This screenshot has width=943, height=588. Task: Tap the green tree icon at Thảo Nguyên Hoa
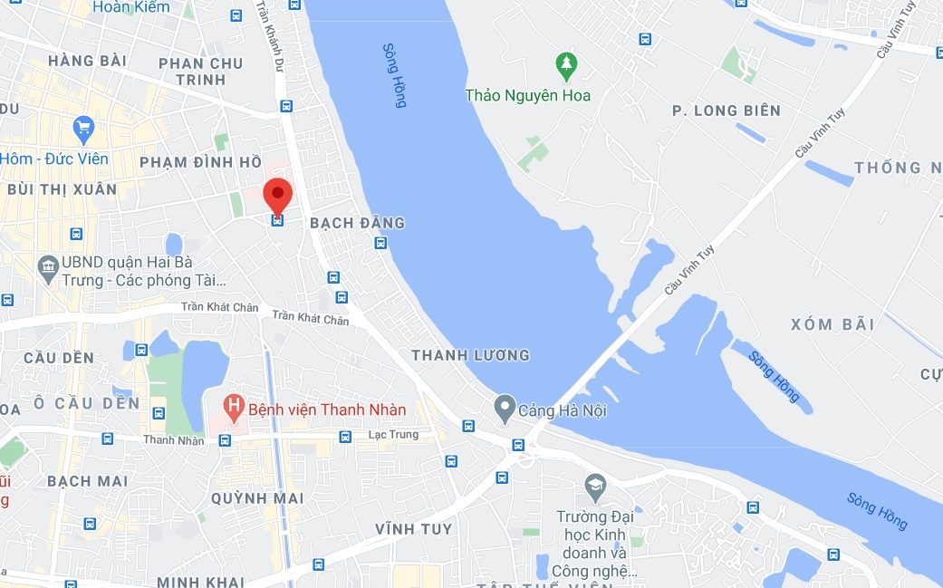[x=566, y=64]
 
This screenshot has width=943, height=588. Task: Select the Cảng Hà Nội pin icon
[x=505, y=409]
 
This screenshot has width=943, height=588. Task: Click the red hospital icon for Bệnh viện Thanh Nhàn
[x=234, y=408]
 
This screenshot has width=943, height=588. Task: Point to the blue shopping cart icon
[x=84, y=130]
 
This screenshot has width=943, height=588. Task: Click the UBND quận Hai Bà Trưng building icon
[x=47, y=265]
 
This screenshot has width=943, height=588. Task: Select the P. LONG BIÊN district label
[x=726, y=111]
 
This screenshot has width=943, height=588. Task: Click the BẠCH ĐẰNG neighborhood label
[x=357, y=223]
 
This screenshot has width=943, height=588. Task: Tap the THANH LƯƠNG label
[x=470, y=355]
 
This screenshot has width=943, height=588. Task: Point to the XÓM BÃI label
[x=832, y=324]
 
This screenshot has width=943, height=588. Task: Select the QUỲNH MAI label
[x=257, y=498]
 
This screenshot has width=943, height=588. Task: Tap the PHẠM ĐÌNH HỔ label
[x=200, y=162]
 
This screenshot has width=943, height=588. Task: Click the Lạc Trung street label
[x=393, y=435]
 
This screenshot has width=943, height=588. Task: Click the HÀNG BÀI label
[x=87, y=62]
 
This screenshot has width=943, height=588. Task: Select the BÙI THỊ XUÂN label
[x=62, y=189]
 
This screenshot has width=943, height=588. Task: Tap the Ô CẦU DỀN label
[x=86, y=403]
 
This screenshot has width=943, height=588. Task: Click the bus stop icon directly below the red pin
[x=277, y=220]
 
